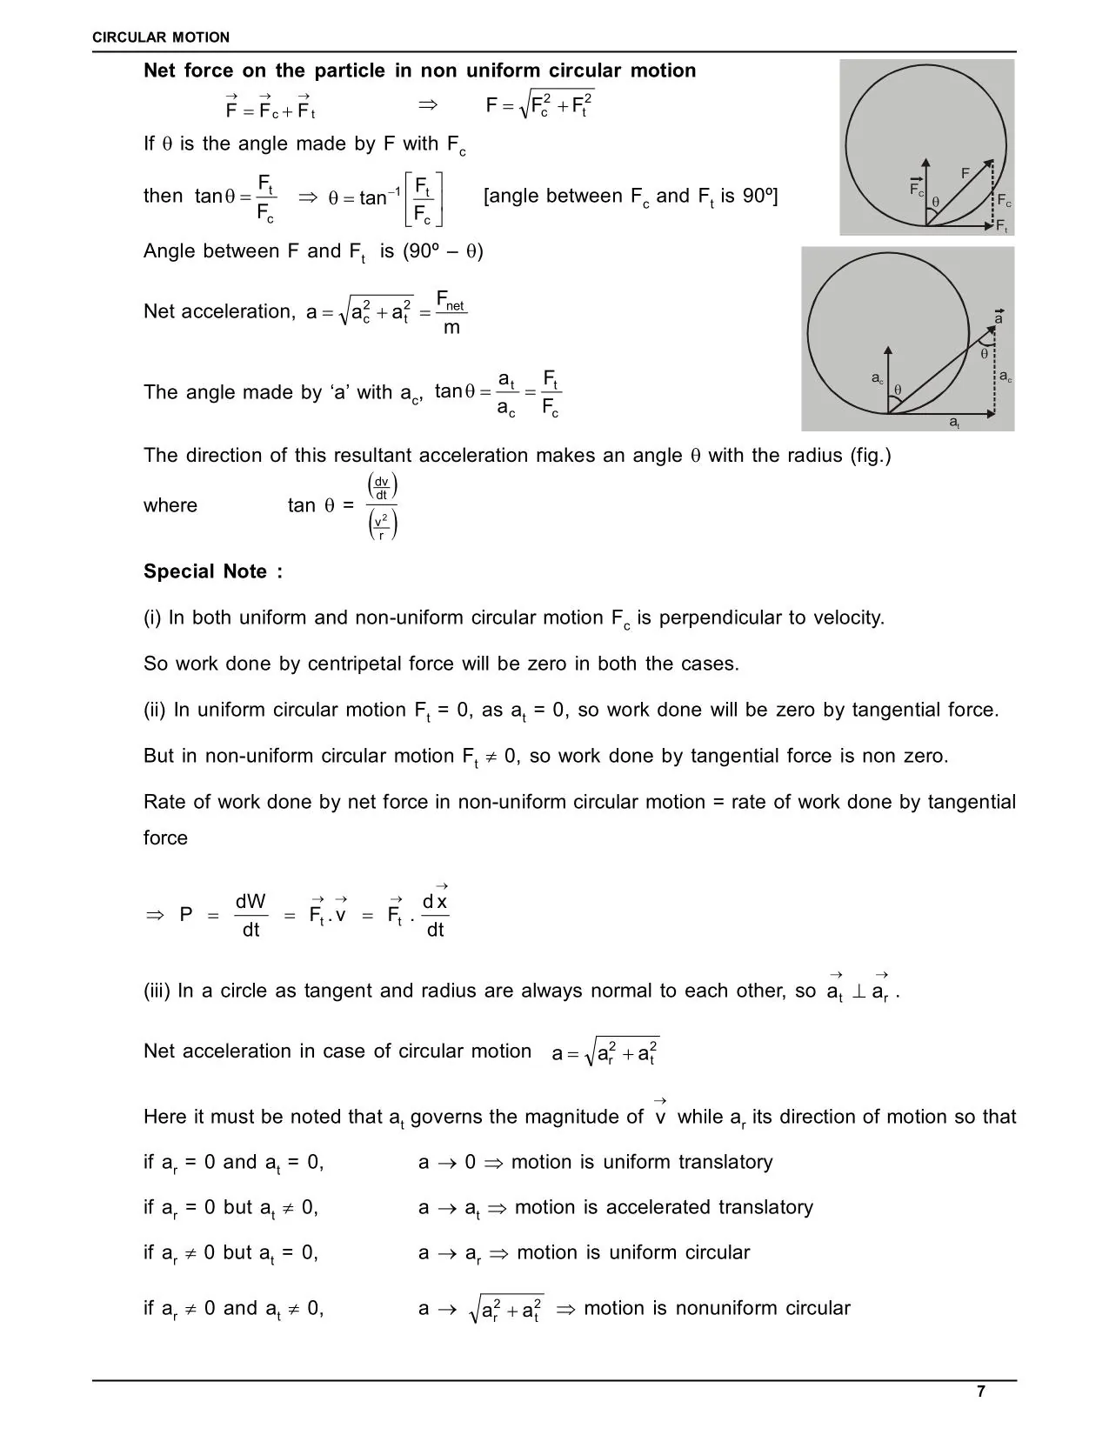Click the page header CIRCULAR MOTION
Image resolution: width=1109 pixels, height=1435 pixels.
(162, 37)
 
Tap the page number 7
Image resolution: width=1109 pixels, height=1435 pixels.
(981, 1392)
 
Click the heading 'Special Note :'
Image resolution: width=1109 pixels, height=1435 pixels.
(213, 571)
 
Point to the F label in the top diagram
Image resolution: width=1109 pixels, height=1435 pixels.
(965, 173)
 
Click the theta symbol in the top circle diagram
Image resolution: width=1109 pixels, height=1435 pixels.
(936, 202)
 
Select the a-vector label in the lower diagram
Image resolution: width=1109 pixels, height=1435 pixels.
(999, 317)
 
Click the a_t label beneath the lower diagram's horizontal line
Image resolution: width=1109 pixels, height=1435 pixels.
(954, 423)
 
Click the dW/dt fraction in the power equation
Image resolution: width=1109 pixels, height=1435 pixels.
(251, 915)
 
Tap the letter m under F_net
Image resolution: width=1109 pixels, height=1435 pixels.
(451, 328)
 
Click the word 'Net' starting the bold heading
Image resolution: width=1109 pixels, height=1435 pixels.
(161, 70)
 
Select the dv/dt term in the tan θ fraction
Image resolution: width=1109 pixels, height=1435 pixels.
(382, 488)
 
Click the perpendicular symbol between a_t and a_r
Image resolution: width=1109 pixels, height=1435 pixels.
(858, 991)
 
